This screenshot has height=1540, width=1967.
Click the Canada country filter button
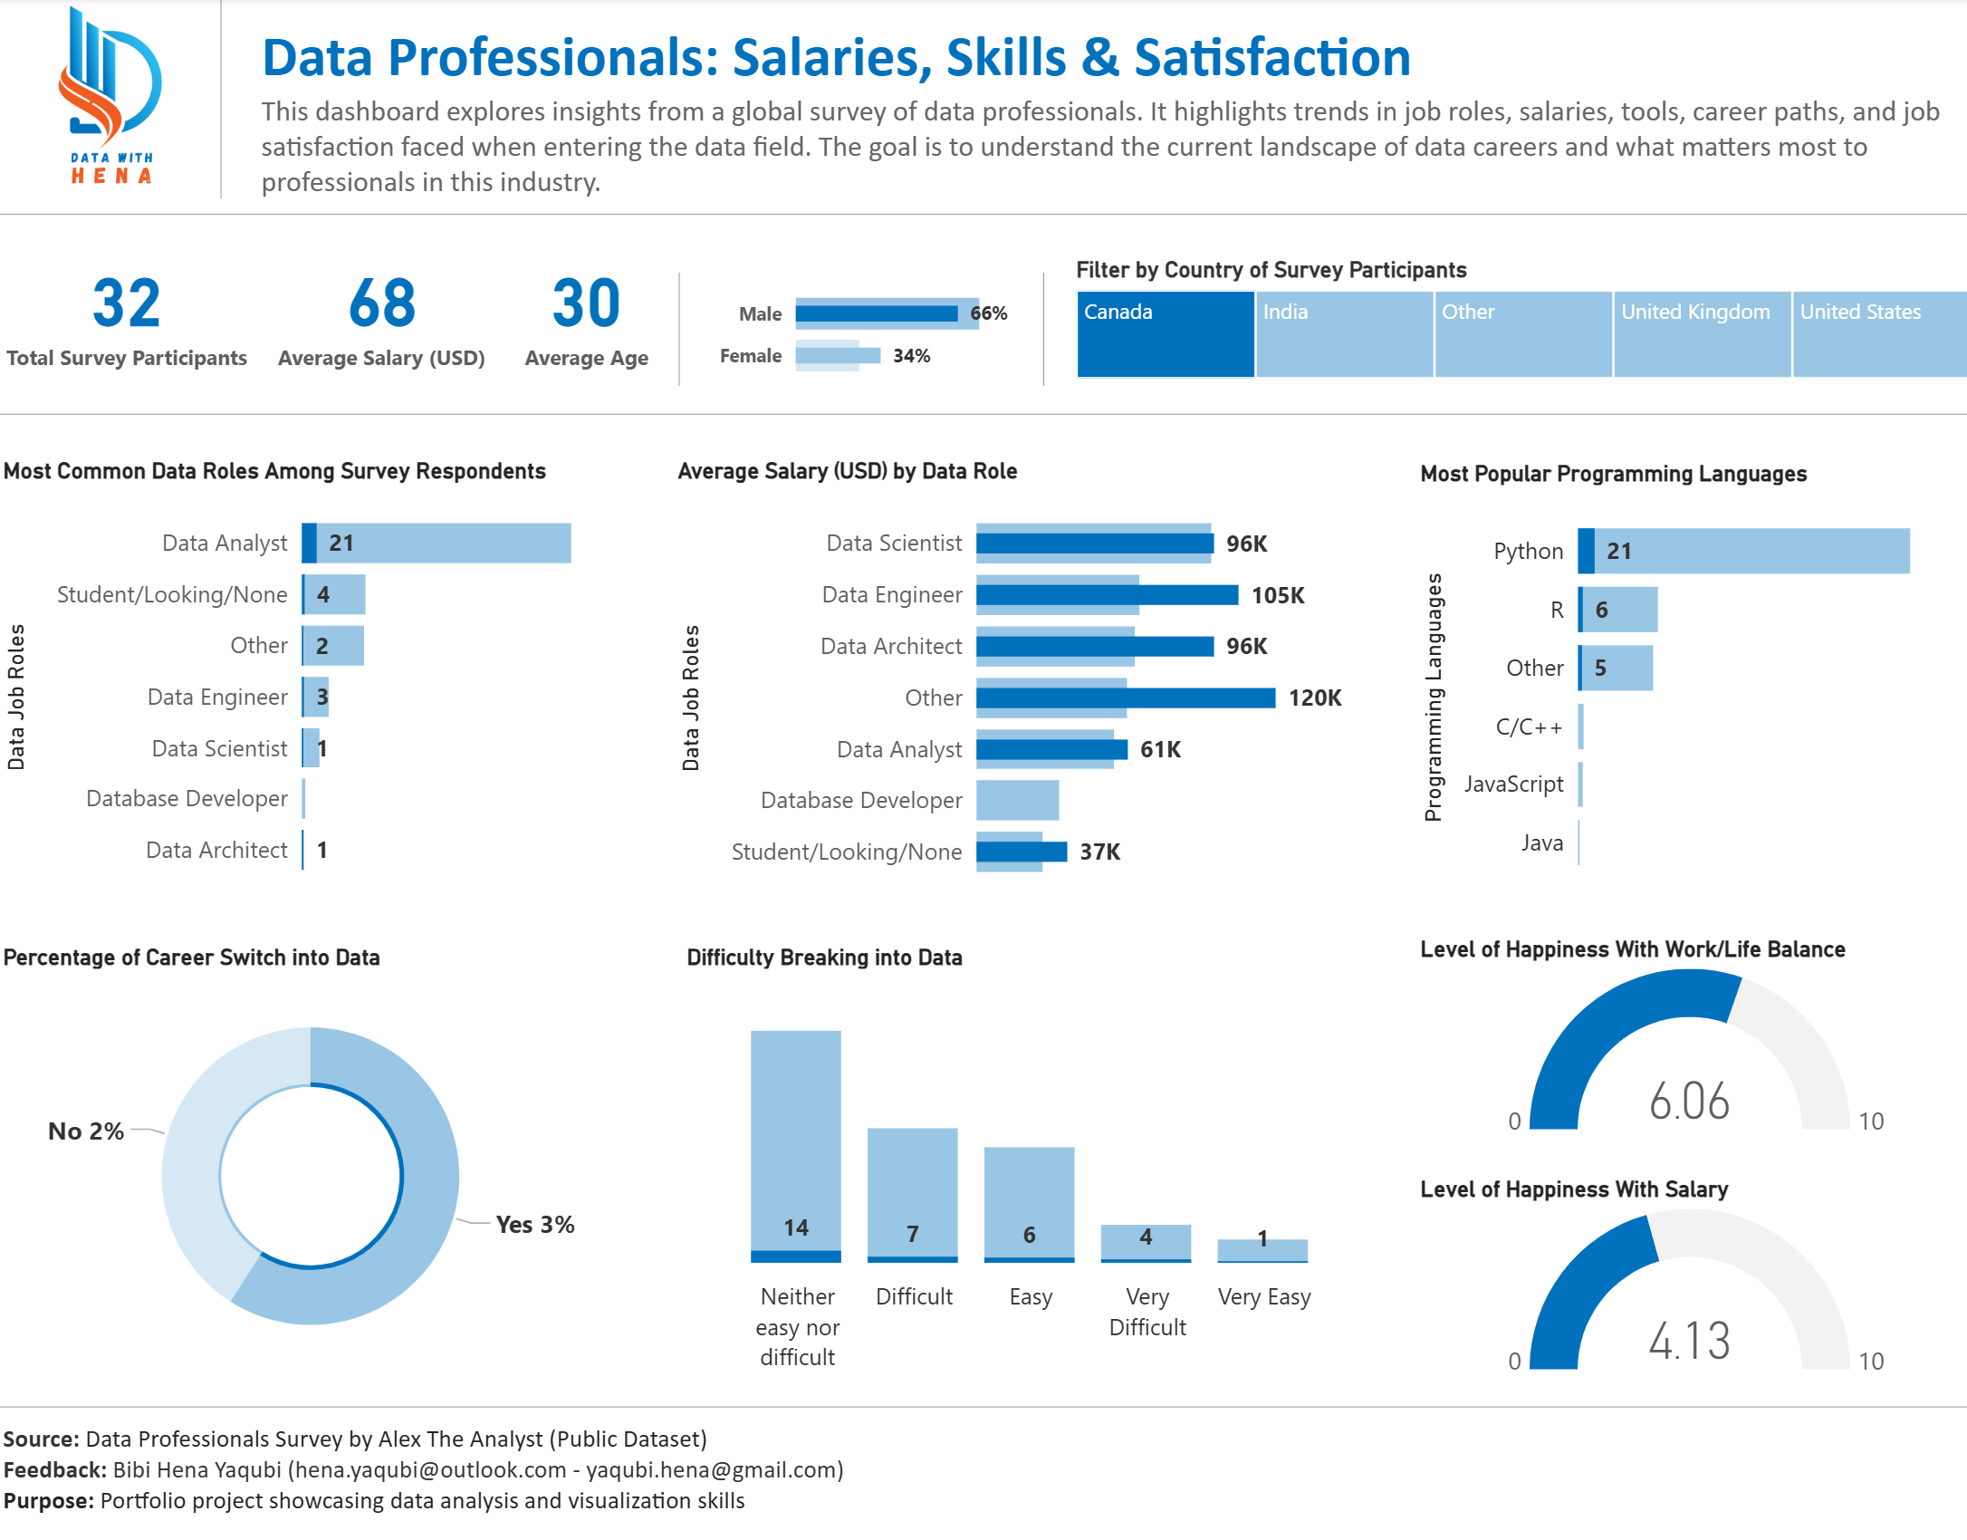[x=1165, y=333]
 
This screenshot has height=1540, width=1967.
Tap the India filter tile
[x=1344, y=333]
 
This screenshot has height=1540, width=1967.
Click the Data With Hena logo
[x=110, y=95]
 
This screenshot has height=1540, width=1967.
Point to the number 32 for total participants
[x=126, y=303]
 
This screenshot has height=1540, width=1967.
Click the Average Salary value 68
[x=381, y=303]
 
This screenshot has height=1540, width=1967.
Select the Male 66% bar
[x=877, y=313]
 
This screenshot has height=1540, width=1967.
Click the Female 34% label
[x=911, y=356]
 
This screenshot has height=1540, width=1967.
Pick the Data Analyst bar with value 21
[x=437, y=543]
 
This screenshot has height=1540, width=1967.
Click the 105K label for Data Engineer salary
[x=1277, y=595]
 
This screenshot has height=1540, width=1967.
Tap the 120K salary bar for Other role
[x=1125, y=698]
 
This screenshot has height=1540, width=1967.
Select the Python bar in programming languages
[x=1743, y=551]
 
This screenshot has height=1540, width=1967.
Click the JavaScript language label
[x=1513, y=784]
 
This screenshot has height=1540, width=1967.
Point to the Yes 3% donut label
[x=534, y=1225]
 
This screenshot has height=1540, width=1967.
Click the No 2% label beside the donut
[x=86, y=1131]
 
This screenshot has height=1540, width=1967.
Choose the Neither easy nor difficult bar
[x=795, y=1146]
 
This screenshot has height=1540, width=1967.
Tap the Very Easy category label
[x=1263, y=1297]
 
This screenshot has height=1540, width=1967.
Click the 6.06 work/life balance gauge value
[x=1689, y=1102]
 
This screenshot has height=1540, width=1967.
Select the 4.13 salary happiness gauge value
[x=1689, y=1342]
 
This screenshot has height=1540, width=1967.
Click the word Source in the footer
[x=41, y=1439]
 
